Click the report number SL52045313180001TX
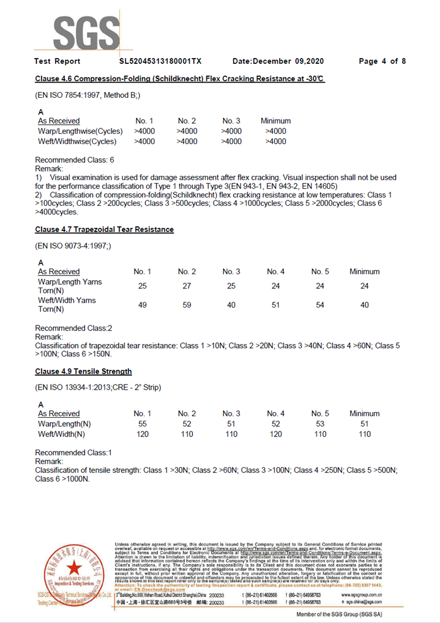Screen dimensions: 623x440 point(160,61)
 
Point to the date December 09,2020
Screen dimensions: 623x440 point(278,61)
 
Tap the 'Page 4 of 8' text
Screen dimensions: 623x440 point(382,61)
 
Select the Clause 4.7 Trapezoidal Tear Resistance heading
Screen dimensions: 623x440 point(104,229)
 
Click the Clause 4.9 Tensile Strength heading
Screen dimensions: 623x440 point(83,371)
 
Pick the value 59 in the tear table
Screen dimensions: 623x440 point(187,305)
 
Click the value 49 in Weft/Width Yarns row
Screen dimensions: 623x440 point(142,305)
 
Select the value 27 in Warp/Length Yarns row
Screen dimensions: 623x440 point(187,286)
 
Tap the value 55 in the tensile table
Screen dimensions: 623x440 point(142,424)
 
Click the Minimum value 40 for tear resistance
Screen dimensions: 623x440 point(364,305)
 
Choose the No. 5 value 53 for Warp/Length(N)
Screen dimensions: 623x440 point(320,424)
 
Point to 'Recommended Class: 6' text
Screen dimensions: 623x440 point(75,160)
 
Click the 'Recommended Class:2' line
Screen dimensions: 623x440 point(73,328)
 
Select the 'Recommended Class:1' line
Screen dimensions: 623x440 point(73,452)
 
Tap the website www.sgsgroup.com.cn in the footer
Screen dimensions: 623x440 point(361,594)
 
